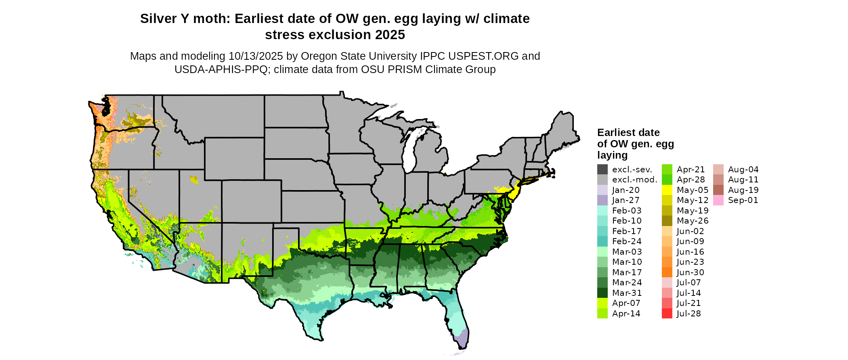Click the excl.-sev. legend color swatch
click(x=602, y=170)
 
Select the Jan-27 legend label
click(x=626, y=200)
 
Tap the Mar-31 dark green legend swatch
click(x=602, y=293)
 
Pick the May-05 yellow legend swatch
click(x=667, y=190)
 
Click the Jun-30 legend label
click(x=690, y=272)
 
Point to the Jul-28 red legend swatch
click(x=667, y=314)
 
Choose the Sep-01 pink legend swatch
click(x=718, y=200)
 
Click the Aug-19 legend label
click(x=743, y=190)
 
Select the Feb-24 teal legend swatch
click(x=602, y=241)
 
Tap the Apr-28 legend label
click(x=691, y=180)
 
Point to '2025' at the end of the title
click(x=390, y=35)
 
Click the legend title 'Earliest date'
click(x=628, y=133)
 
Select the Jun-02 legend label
click(x=690, y=231)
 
